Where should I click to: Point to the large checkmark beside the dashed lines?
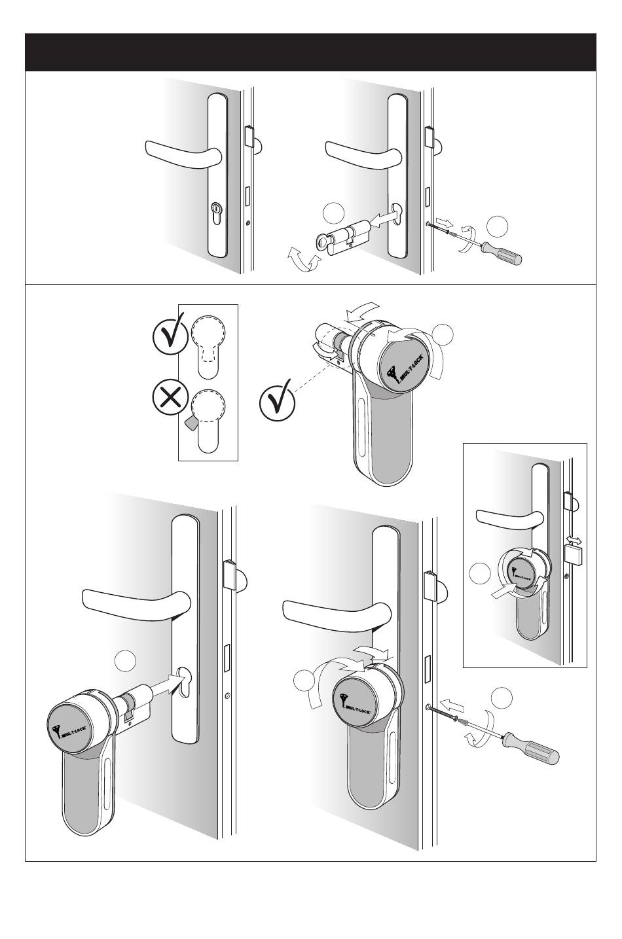click(277, 404)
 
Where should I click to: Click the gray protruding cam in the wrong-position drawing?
click(191, 423)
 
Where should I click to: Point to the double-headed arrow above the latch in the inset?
click(574, 540)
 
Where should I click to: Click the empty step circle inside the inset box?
click(481, 574)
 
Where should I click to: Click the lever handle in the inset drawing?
click(508, 518)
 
